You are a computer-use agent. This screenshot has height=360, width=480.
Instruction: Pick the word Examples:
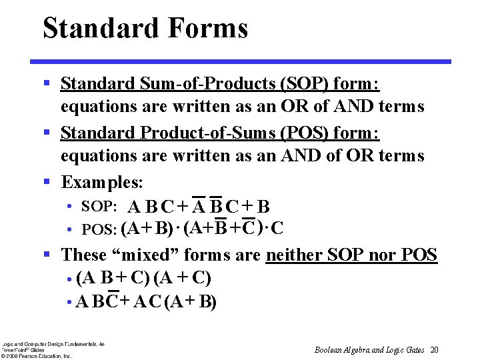tap(103, 182)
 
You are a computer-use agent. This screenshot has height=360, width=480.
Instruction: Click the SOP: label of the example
tap(99, 207)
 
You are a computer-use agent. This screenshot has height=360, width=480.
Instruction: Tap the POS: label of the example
tap(99, 230)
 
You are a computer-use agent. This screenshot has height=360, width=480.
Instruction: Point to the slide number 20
tap(435, 350)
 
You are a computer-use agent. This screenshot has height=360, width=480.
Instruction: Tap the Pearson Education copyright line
tap(36, 356)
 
